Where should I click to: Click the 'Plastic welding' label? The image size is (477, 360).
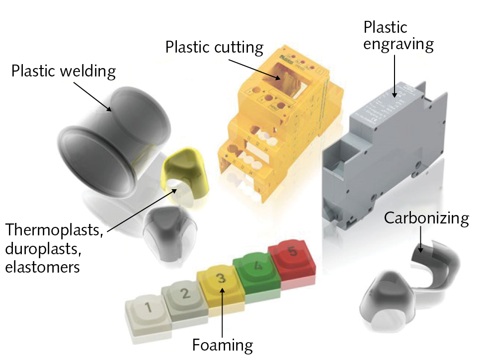[x=63, y=71]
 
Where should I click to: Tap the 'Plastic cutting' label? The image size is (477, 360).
[x=214, y=47]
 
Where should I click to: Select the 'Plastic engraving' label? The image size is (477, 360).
[x=398, y=35]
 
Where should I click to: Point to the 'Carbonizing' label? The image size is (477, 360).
[x=426, y=218]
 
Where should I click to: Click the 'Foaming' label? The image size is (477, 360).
[x=223, y=344]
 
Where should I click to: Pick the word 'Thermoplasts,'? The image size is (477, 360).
[x=54, y=232]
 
